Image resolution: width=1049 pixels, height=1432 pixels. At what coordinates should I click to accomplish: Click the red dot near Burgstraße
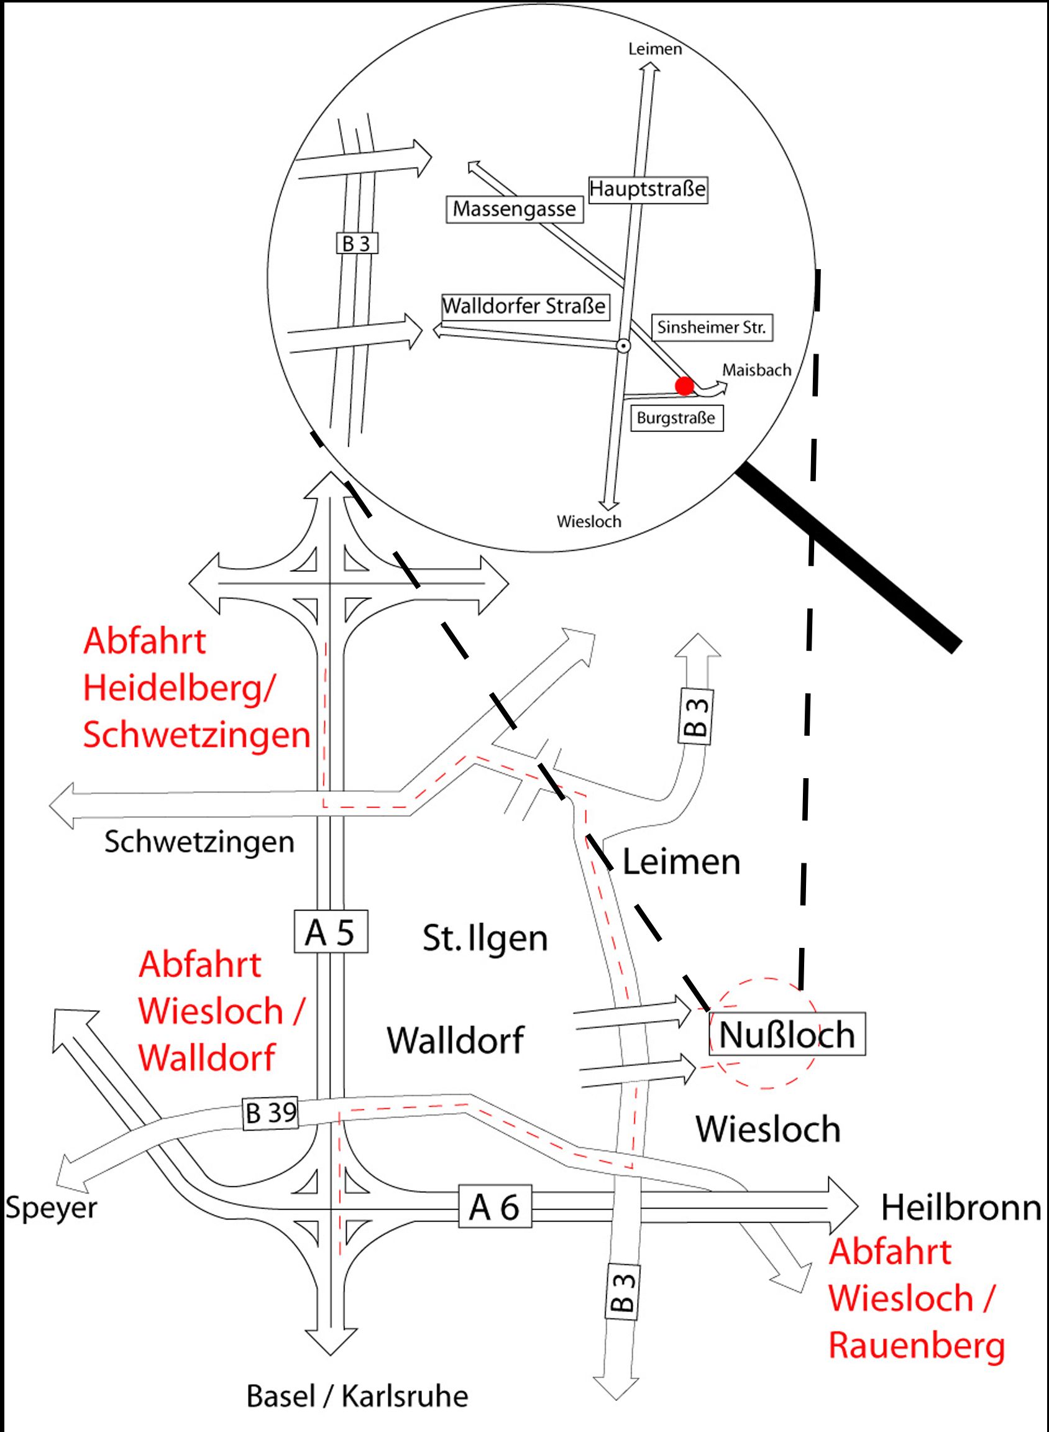click(x=684, y=386)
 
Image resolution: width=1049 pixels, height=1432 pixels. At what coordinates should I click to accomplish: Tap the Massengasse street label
click(x=515, y=209)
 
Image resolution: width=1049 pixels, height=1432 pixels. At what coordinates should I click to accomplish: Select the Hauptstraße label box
click(x=648, y=189)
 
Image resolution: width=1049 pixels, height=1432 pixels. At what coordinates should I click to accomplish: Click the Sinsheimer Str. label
click(x=712, y=328)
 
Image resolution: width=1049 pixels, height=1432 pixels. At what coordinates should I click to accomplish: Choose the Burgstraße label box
click(x=676, y=418)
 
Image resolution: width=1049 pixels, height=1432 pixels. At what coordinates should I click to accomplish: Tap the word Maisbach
click(x=757, y=370)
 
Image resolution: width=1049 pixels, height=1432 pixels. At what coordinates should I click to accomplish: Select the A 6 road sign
click(x=494, y=1207)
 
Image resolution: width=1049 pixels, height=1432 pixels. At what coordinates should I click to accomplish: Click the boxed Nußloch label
click(x=787, y=1035)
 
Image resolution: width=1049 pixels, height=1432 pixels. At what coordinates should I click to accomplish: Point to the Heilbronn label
click(x=961, y=1207)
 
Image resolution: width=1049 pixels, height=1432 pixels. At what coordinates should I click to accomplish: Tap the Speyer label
click(x=52, y=1208)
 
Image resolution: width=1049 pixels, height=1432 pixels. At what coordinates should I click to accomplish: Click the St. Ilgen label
click(x=485, y=939)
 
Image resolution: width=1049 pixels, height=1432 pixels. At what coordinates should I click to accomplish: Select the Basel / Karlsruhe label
click(x=357, y=1397)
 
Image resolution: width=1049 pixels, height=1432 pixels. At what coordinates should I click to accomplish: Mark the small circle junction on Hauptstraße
click(x=623, y=346)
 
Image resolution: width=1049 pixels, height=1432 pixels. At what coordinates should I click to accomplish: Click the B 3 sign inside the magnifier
click(x=356, y=244)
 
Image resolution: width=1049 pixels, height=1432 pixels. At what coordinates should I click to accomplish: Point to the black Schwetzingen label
click(x=199, y=843)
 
